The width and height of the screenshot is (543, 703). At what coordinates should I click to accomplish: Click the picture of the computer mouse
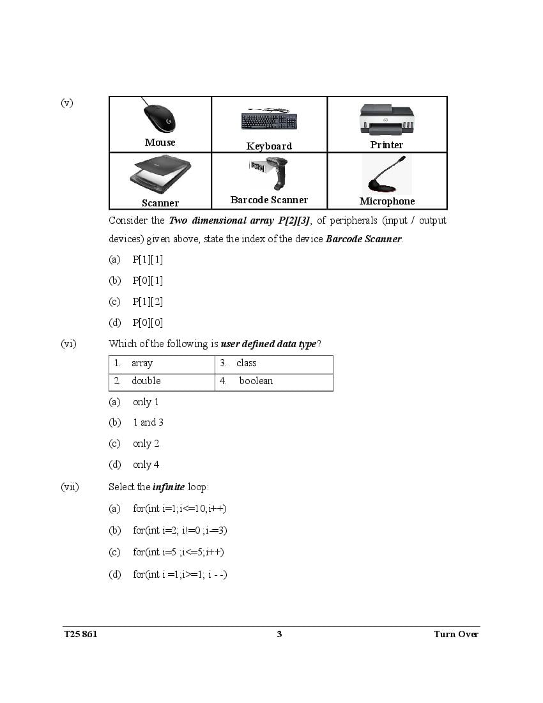(159, 117)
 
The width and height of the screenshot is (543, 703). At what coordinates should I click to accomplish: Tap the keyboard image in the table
(269, 120)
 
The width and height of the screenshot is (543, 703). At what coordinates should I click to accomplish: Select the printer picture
(386, 119)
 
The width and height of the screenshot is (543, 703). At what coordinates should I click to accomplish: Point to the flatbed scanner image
(160, 174)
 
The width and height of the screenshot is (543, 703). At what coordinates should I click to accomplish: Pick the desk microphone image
(386, 174)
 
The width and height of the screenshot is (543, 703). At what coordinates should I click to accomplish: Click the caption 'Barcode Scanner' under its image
(269, 200)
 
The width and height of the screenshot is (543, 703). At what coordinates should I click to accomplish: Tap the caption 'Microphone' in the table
(386, 201)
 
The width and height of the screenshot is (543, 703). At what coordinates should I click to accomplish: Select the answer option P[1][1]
(148, 259)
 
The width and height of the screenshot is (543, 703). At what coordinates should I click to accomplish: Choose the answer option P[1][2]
(148, 302)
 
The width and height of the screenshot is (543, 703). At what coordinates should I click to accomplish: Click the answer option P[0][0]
(148, 323)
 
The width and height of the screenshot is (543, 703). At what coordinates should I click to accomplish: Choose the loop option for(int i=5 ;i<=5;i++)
(178, 552)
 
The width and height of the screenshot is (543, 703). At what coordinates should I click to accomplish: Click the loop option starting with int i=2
(180, 530)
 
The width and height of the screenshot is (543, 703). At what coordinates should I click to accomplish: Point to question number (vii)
(70, 487)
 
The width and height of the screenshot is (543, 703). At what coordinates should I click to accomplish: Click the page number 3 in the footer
(279, 634)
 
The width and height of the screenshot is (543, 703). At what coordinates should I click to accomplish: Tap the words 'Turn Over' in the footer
(455, 634)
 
